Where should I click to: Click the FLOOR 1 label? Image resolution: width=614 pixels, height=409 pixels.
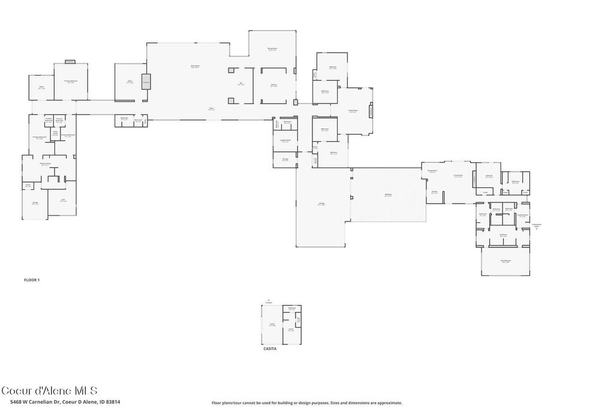[31, 280]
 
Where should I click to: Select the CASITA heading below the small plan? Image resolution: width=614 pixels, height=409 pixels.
[270, 348]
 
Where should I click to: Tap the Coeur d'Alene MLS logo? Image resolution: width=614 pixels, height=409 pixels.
[49, 390]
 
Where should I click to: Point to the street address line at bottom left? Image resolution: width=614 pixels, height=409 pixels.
[61, 402]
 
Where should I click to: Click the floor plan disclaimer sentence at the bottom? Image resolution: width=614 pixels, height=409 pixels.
[306, 403]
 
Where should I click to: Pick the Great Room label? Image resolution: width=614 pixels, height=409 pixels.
[195, 66]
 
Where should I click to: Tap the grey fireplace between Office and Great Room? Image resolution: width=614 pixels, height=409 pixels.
[146, 81]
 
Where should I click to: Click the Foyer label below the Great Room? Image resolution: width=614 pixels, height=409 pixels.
[211, 109]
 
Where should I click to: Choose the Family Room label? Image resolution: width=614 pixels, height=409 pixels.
[353, 111]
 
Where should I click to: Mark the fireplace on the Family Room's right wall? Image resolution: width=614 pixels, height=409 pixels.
[371, 111]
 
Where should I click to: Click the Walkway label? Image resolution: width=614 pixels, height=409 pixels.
[388, 195]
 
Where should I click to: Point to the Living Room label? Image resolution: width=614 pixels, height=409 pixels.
[458, 175]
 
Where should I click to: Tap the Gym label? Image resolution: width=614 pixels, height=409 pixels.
[63, 201]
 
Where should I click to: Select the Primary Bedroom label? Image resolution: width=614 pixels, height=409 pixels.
[71, 81]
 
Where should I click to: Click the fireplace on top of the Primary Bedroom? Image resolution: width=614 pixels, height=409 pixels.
[70, 61]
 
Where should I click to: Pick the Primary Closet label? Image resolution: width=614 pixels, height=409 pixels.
[44, 163]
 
